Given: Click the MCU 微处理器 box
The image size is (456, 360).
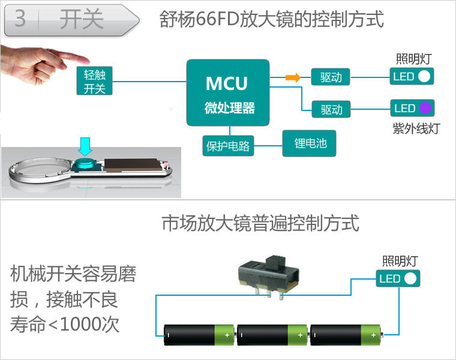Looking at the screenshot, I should click(x=227, y=92).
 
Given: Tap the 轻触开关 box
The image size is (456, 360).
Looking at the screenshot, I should click(x=95, y=81).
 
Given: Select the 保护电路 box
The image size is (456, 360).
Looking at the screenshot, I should click(x=227, y=145).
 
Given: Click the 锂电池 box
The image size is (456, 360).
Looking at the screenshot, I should click(x=310, y=143).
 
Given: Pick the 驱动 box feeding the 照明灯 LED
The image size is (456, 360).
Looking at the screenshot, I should click(x=331, y=77).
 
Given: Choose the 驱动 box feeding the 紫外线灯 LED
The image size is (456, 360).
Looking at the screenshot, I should click(x=331, y=109).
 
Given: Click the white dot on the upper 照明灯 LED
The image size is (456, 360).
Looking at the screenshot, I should click(x=424, y=77).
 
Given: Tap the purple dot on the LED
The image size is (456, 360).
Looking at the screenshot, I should click(x=425, y=109).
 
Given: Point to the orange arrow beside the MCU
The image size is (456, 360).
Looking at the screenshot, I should click(x=292, y=77).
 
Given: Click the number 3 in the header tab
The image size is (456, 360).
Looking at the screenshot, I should click(x=20, y=19).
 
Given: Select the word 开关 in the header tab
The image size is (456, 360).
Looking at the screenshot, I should click(x=82, y=19).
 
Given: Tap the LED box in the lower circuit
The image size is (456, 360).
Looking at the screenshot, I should click(x=398, y=278).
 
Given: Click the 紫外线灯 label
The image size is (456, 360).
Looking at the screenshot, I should click(x=416, y=128).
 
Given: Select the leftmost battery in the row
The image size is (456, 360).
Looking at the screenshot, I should click(x=199, y=334).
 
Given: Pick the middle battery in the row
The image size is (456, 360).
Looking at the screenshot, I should click(x=272, y=334).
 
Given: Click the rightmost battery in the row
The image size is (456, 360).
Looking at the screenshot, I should click(x=346, y=334).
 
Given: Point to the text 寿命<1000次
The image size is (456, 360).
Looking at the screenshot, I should click(x=65, y=325).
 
